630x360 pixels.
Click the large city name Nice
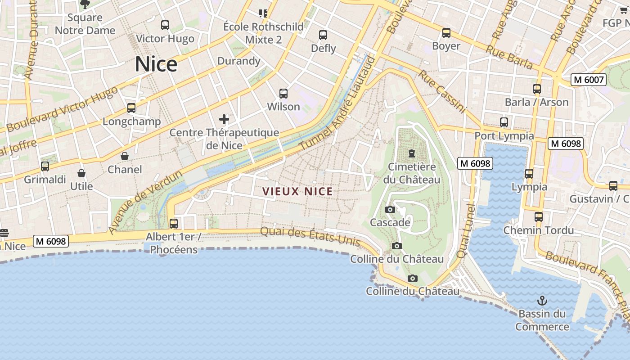pyautogui.click(x=156, y=64)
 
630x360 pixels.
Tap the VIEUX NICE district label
pyautogui.click(x=297, y=191)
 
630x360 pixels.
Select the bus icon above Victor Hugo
pyautogui.click(x=165, y=25)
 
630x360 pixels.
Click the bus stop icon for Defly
pyautogui.click(x=323, y=35)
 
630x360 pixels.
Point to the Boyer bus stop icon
pyautogui.click(x=446, y=33)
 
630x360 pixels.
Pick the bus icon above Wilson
pyautogui.click(x=283, y=94)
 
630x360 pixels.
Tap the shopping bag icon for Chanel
pyautogui.click(x=125, y=156)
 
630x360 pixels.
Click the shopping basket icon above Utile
pyautogui.click(x=81, y=173)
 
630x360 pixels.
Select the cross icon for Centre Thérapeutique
pyautogui.click(x=224, y=119)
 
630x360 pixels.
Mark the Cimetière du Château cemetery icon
pyautogui.click(x=411, y=153)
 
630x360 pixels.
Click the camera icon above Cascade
pyautogui.click(x=390, y=209)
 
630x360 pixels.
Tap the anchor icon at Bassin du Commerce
pyautogui.click(x=542, y=300)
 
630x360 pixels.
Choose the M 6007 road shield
pyautogui.click(x=589, y=80)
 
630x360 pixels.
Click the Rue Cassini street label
pyautogui.click(x=442, y=91)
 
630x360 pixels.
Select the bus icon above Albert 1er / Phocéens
pyautogui.click(x=174, y=223)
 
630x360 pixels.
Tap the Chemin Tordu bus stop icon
pyautogui.click(x=539, y=217)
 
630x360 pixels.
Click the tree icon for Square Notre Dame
pyautogui.click(x=85, y=4)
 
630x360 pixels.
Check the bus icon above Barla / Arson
pyautogui.click(x=536, y=89)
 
